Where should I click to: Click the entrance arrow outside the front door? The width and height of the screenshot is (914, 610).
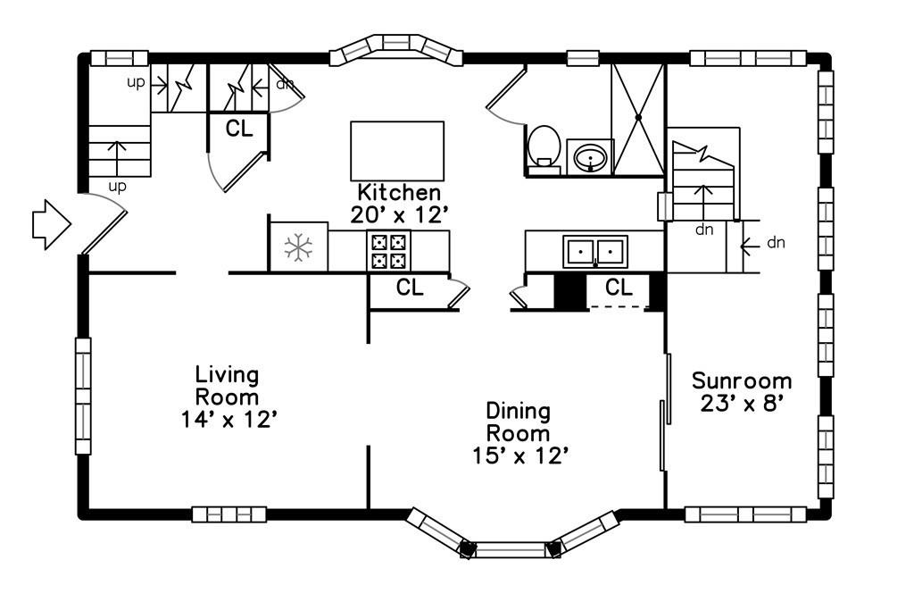(51, 224)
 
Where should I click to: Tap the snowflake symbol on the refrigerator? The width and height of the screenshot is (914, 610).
(298, 247)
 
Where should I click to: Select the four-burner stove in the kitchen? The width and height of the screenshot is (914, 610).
(389, 251)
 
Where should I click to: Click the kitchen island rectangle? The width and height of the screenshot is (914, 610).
(397, 151)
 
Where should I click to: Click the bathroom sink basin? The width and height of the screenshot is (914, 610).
(590, 157)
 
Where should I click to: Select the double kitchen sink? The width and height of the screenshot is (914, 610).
(594, 251)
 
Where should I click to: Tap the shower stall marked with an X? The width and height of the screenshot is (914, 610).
(638, 119)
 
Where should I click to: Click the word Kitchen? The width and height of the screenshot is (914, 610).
(399, 192)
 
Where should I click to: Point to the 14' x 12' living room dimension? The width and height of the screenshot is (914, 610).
(228, 419)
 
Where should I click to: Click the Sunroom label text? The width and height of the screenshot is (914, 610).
(742, 380)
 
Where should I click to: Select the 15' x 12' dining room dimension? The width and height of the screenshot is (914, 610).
(520, 455)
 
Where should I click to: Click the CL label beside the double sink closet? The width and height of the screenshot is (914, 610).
(619, 287)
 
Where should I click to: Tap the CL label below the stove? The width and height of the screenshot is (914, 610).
(410, 287)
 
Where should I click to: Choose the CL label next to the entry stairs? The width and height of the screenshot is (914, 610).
(239, 129)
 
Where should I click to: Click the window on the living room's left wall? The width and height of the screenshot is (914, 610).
(83, 396)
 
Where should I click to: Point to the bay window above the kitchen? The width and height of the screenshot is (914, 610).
(396, 49)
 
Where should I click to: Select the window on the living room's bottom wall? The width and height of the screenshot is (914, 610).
(229, 514)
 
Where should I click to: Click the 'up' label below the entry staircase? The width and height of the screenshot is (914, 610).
(117, 188)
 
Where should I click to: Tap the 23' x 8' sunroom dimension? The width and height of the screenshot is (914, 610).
(741, 403)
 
